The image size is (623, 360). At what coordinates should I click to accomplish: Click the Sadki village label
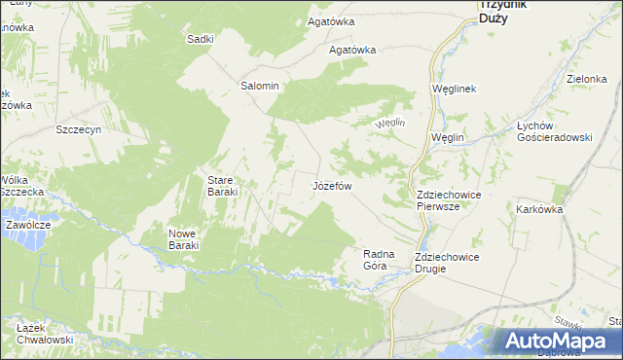tap(200, 39)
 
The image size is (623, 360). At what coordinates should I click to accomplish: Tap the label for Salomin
tap(260, 86)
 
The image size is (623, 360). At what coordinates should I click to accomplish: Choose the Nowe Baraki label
tap(183, 239)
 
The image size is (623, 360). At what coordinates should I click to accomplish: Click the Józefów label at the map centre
tap(331, 185)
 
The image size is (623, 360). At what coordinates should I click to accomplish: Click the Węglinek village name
tap(453, 89)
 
